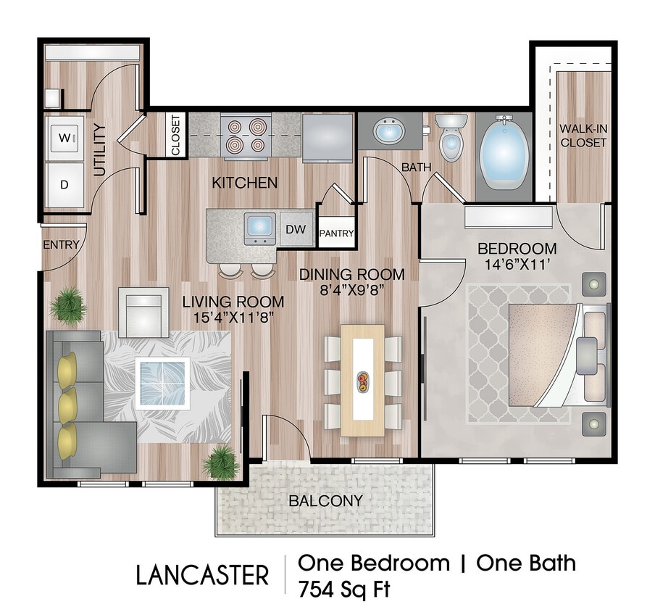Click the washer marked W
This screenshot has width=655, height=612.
[x=65, y=136]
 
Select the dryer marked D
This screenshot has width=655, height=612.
[x=64, y=183]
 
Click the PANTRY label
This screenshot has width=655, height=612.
[x=337, y=233]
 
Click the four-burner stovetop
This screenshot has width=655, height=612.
[x=244, y=136]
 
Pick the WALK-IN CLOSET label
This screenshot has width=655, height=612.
[x=583, y=136]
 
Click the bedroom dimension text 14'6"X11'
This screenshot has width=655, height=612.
[x=517, y=265]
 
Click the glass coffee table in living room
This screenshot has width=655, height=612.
[x=162, y=382]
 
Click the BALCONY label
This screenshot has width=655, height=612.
[x=325, y=500]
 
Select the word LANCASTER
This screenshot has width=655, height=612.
[x=202, y=575]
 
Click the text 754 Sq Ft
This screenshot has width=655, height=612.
[x=343, y=589]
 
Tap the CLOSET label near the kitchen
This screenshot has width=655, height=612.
[x=176, y=136]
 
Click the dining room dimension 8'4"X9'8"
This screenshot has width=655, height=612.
[x=351, y=290]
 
